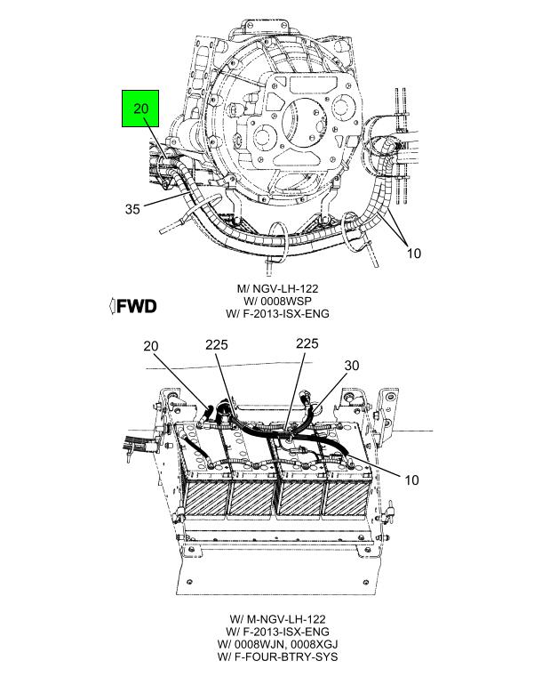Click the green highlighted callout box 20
click(140, 109)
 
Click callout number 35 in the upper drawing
click(132, 209)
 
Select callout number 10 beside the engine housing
click(414, 253)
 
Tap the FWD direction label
click(137, 306)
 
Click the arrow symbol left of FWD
click(112, 306)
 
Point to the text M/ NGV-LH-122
click(278, 288)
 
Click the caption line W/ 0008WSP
click(278, 301)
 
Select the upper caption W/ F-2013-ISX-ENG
click(278, 313)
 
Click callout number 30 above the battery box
click(352, 366)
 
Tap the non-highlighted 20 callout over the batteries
click(151, 346)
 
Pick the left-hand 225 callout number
click(217, 345)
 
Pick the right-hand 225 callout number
click(307, 343)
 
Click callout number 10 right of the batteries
click(411, 480)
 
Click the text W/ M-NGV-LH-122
click(278, 619)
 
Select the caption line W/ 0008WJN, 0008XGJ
click(278, 644)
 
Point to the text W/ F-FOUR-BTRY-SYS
click(278, 657)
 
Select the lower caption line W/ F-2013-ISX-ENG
click(278, 632)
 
